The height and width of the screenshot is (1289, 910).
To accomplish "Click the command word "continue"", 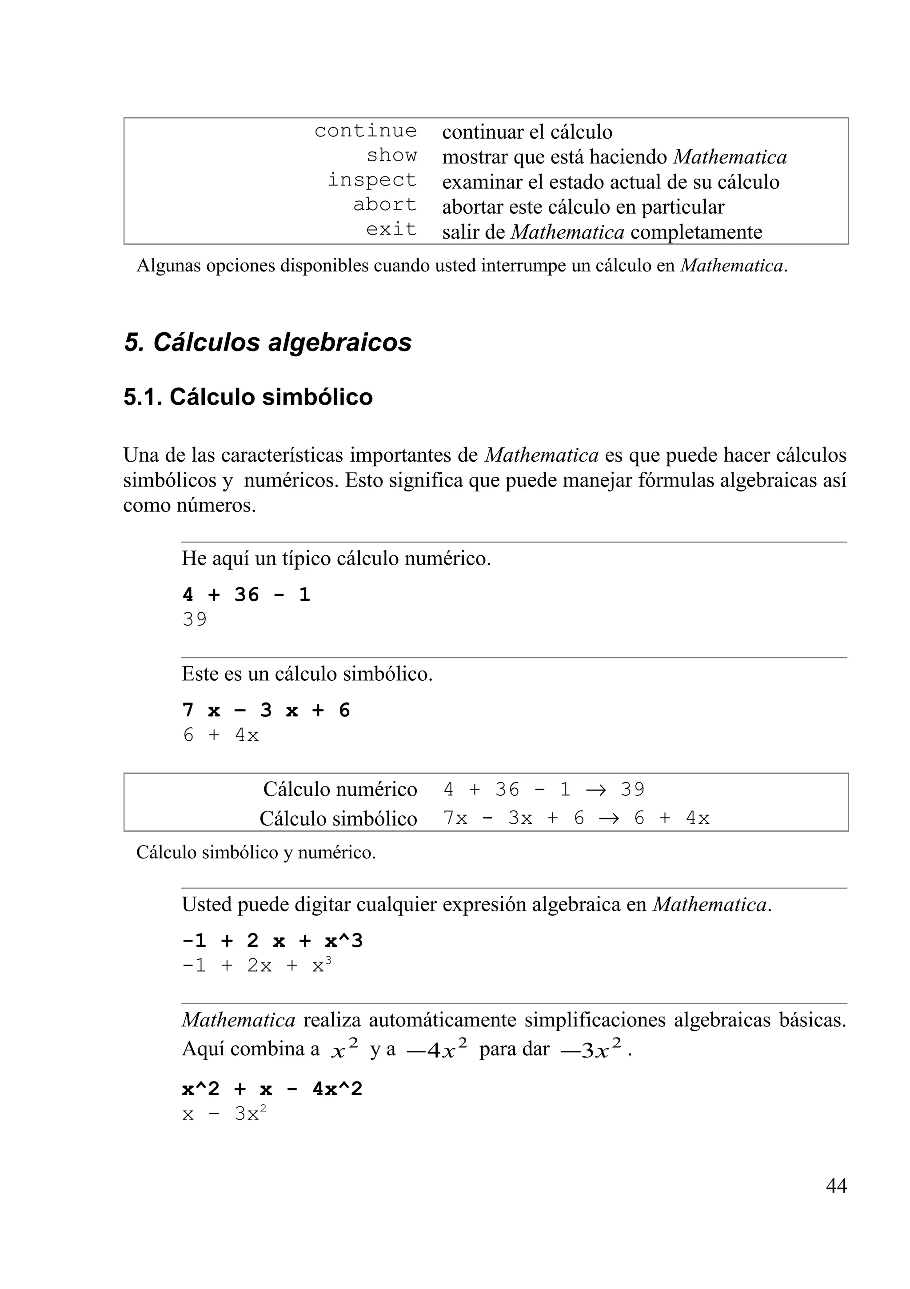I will tap(365, 131).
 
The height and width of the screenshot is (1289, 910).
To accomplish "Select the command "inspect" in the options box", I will tap(372, 180).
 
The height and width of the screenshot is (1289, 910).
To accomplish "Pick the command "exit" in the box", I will tap(391, 230).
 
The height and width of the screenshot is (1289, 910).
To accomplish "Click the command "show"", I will tap(391, 156).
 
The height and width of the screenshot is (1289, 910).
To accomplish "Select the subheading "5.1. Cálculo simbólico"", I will tap(247, 398).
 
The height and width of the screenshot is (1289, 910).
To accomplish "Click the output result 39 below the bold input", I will tap(195, 620).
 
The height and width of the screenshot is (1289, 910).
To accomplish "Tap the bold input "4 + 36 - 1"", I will tap(246, 595).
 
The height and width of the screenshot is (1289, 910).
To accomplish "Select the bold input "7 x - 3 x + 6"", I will tap(266, 711).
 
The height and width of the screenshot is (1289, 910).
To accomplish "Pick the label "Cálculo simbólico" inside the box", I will tap(338, 818).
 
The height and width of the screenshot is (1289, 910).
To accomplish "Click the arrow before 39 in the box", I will tap(595, 790).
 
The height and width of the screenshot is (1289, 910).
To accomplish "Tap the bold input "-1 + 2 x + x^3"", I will tap(272, 941).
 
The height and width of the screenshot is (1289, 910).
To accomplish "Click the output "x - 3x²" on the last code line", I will tap(224, 1114).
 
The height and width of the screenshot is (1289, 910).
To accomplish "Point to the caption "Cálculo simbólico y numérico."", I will tap(256, 853).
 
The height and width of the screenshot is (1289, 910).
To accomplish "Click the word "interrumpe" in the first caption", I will tap(523, 266).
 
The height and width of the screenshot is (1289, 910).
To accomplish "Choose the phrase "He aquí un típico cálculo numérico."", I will tap(336, 559).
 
